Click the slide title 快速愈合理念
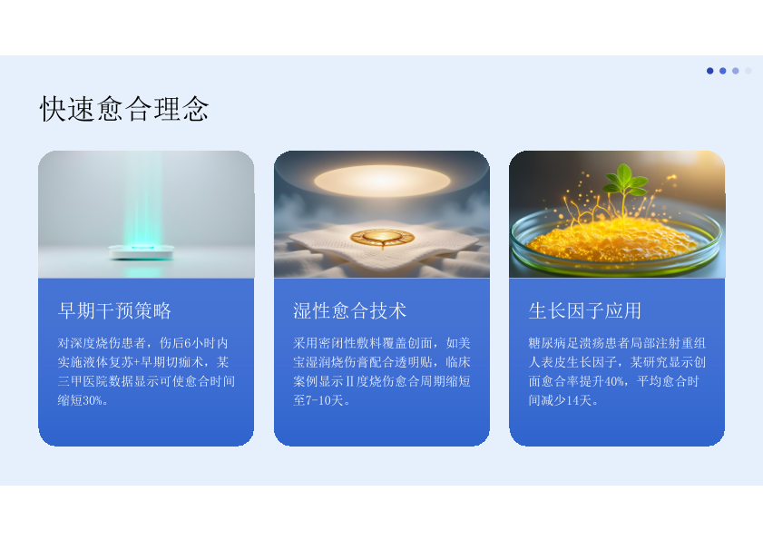[x=124, y=108]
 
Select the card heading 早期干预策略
[x=114, y=310]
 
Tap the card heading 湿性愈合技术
[x=350, y=310]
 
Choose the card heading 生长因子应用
[x=585, y=310]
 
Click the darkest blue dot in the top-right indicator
[x=710, y=71]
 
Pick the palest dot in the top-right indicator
[x=748, y=71]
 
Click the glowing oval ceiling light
[x=383, y=181]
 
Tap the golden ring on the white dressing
[x=383, y=238]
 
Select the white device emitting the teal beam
[x=142, y=251]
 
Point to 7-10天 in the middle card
[x=318, y=401]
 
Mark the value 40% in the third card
[x=614, y=381]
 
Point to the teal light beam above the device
[x=142, y=200]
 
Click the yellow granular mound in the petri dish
[x=614, y=239]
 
